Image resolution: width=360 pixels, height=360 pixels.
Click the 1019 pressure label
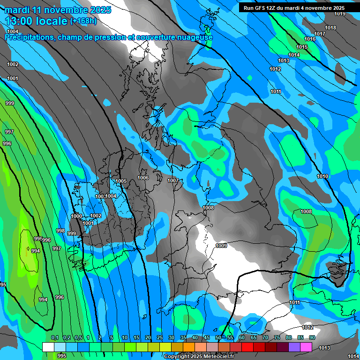tap(340, 14)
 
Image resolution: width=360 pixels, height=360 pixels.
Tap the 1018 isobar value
tap(330, 28)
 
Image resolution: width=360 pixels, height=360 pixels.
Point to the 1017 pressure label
tap(320, 34)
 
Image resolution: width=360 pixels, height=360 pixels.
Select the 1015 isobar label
tap(302, 47)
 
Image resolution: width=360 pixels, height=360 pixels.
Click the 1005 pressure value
tap(121, 181)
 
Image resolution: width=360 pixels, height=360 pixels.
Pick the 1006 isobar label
tap(143, 178)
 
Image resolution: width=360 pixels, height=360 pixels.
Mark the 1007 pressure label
tap(173, 180)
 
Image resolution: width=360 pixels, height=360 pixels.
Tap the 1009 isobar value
tap(221, 246)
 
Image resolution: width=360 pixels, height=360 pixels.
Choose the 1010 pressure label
tap(322, 176)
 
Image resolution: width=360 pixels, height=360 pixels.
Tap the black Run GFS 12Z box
tap(294, 8)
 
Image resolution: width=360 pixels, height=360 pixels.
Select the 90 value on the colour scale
tap(312, 337)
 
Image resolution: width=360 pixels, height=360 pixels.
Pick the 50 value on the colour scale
tap(218, 337)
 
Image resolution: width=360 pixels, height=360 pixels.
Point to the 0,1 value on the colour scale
tap(54, 337)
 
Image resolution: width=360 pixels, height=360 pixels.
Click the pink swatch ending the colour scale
tap(306, 347)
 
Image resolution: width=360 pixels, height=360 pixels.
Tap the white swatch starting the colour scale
tap(48, 347)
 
